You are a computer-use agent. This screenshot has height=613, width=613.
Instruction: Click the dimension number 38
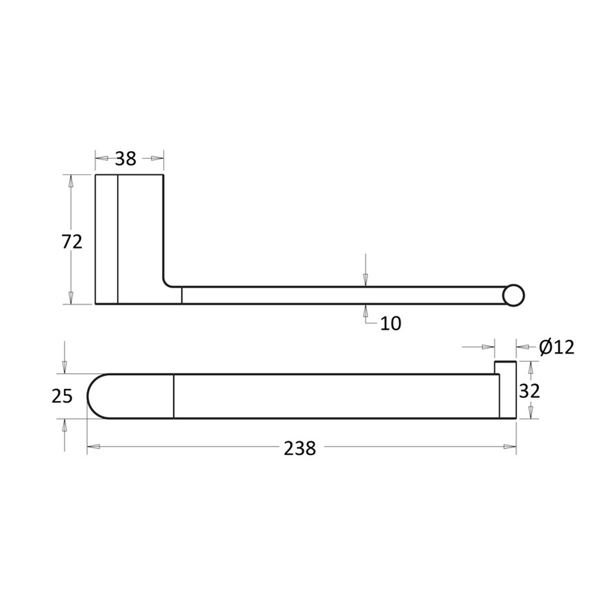click(x=125, y=159)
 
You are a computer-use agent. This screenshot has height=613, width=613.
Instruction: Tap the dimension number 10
click(x=391, y=324)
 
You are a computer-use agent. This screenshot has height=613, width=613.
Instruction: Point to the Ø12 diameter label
click(x=557, y=347)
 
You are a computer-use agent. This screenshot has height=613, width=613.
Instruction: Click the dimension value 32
click(x=530, y=391)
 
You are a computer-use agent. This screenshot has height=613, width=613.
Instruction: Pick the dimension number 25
click(x=62, y=396)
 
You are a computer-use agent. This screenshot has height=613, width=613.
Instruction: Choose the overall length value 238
click(x=299, y=448)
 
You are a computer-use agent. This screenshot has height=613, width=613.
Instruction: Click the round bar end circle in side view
click(x=514, y=295)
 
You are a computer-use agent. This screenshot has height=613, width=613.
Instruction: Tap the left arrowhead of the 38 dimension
click(x=102, y=159)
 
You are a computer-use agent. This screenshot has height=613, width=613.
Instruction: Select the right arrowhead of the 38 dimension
click(x=158, y=159)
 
